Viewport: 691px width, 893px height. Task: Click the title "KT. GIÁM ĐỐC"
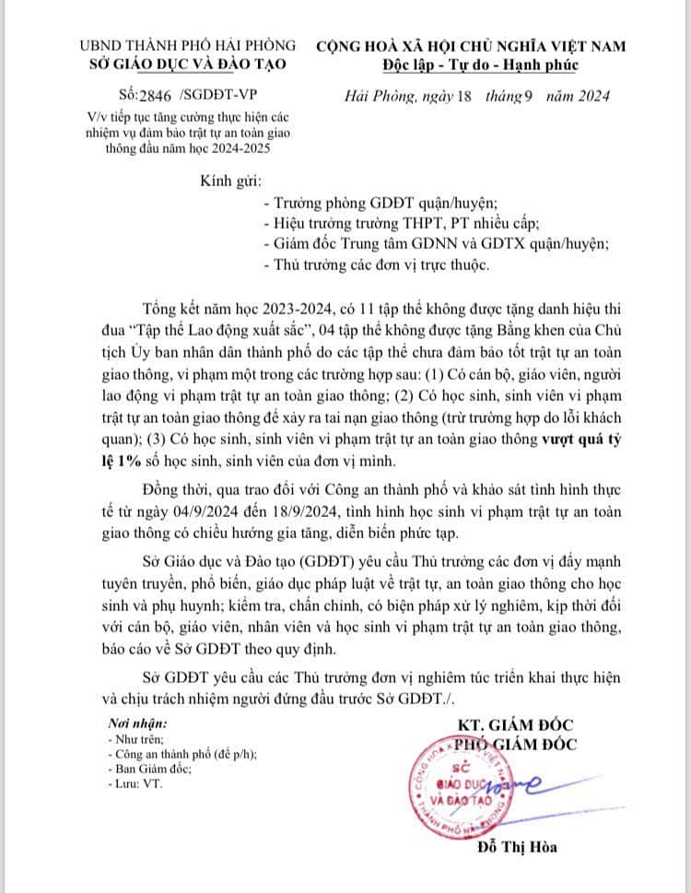pos(517,721)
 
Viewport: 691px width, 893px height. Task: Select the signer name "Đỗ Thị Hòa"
pos(518,848)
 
